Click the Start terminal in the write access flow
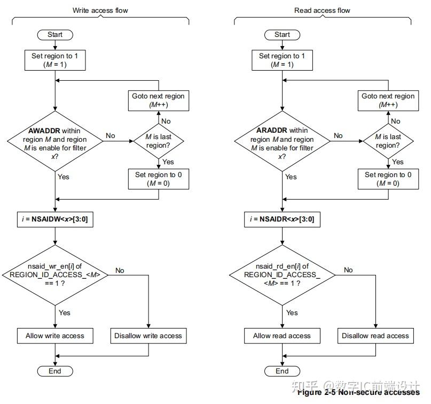(x=55, y=35)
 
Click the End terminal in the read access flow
(x=282, y=371)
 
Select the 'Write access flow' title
(x=100, y=10)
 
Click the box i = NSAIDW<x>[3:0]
(x=55, y=219)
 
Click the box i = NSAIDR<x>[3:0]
(x=282, y=219)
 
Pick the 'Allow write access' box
(x=55, y=336)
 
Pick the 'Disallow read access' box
(x=375, y=336)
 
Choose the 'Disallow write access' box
(x=148, y=336)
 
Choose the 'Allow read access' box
(x=282, y=336)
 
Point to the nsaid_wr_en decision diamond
(x=55, y=275)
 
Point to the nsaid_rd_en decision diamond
(x=282, y=275)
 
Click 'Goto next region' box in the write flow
(x=159, y=101)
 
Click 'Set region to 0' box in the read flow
(x=388, y=179)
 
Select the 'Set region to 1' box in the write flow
(x=55, y=60)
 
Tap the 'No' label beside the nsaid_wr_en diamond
(x=120, y=270)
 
